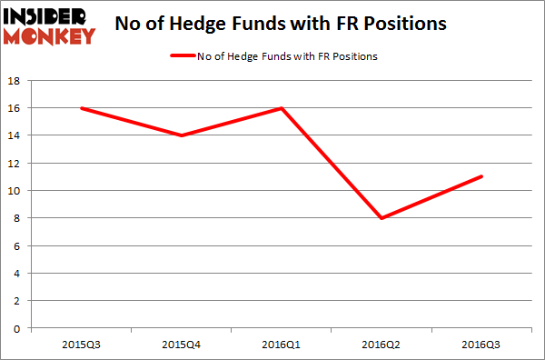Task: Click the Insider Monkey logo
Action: pos(51,25)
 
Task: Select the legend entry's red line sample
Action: pos(184,56)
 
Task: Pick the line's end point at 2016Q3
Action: pos(483,176)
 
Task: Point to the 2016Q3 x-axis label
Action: pos(483,344)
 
